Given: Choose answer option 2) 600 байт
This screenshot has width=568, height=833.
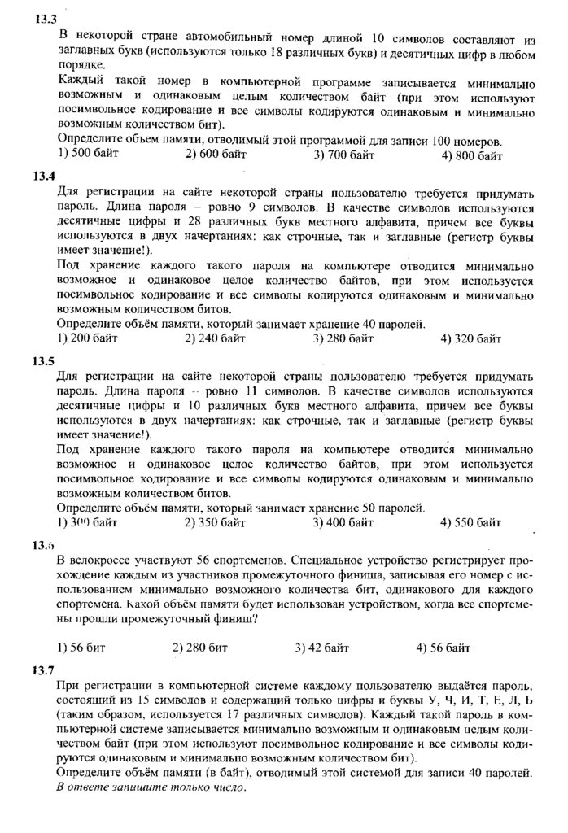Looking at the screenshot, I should [x=216, y=155].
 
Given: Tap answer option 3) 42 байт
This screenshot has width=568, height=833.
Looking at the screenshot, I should [x=323, y=648].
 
